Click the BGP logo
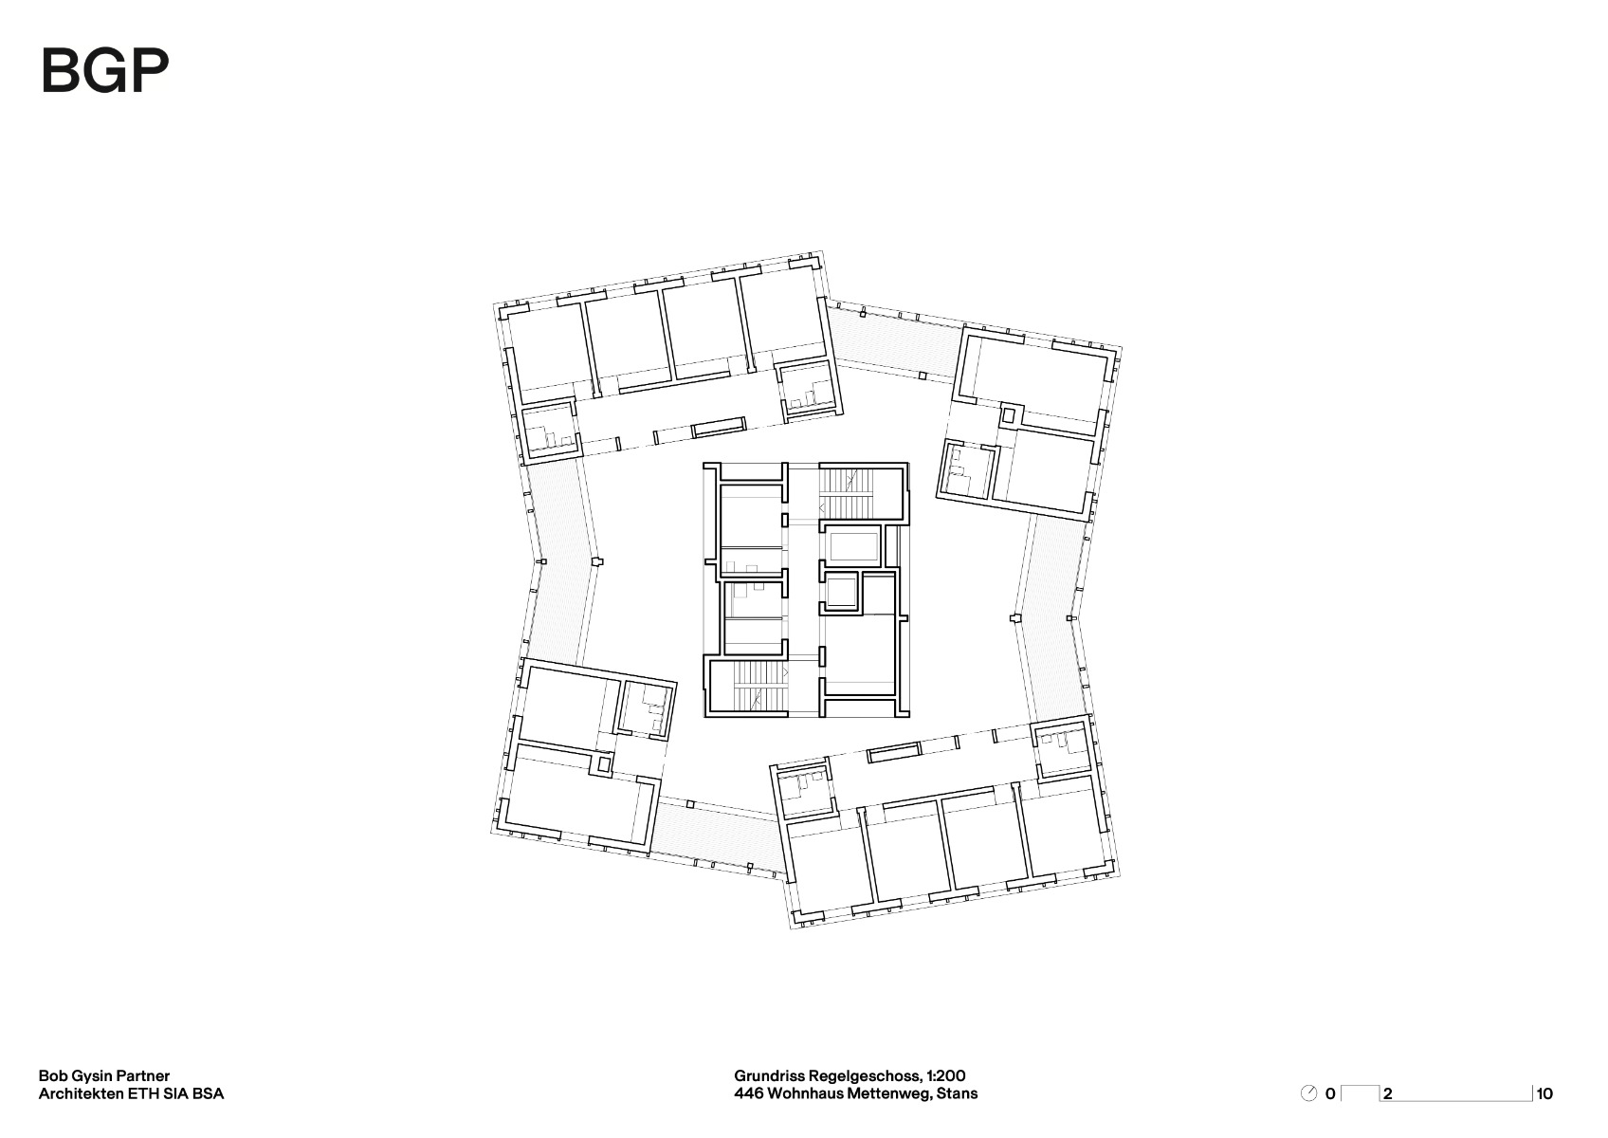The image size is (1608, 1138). (104, 70)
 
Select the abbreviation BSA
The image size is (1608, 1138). (207, 1093)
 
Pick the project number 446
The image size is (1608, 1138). (747, 1093)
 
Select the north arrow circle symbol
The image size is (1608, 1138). (1309, 1093)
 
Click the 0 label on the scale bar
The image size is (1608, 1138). (1330, 1093)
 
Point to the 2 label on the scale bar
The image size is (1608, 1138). (1388, 1093)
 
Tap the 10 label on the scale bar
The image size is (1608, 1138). (1544, 1093)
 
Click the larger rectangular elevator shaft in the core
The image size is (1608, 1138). (854, 547)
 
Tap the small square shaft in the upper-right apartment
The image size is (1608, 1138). (1009, 414)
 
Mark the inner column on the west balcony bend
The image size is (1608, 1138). (595, 562)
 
